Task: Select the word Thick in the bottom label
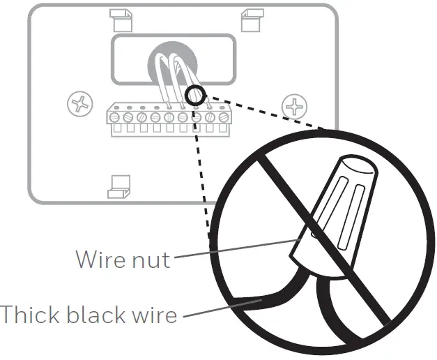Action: click(26, 314)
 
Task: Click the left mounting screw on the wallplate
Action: click(79, 105)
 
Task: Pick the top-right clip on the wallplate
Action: click(247, 19)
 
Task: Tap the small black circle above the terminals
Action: click(194, 94)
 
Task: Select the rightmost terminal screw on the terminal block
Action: click(223, 117)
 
